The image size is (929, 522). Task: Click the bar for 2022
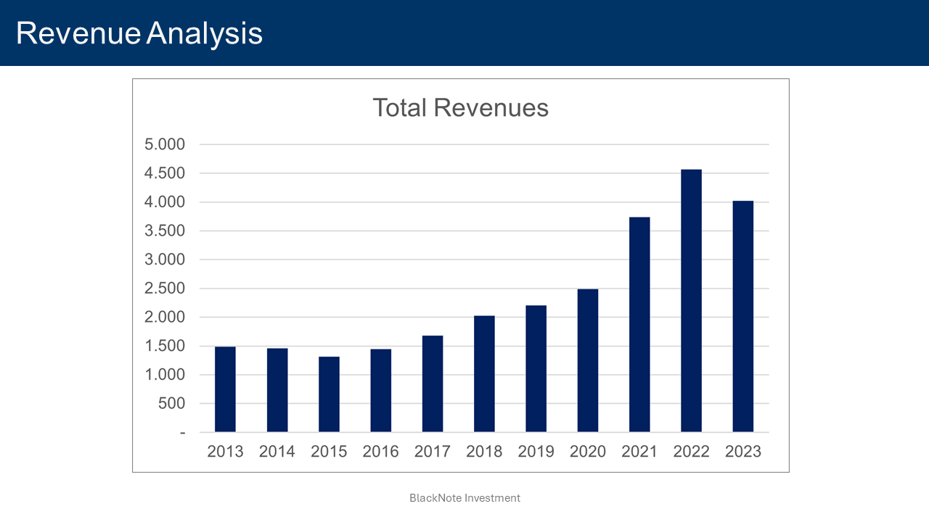point(691,301)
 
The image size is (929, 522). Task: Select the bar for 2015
point(329,394)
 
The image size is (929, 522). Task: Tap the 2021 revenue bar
point(639,325)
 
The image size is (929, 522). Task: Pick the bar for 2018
point(484,374)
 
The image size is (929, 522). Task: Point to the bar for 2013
point(225,389)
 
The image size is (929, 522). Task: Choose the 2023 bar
point(743,317)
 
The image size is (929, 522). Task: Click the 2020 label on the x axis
point(588,452)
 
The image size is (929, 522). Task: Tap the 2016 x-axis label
point(380,452)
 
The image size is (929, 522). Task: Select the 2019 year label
point(536,452)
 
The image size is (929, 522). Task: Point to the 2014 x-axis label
point(277,452)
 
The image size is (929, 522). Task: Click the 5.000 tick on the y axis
point(165,144)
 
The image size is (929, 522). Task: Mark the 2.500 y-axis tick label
point(165,289)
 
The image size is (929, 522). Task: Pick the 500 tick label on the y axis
point(172,404)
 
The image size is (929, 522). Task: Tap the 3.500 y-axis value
point(165,231)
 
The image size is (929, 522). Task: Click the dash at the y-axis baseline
point(182,433)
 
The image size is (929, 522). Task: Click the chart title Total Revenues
point(460,107)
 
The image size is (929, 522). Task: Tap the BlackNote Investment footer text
point(464,498)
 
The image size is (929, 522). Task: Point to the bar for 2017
point(433,384)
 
